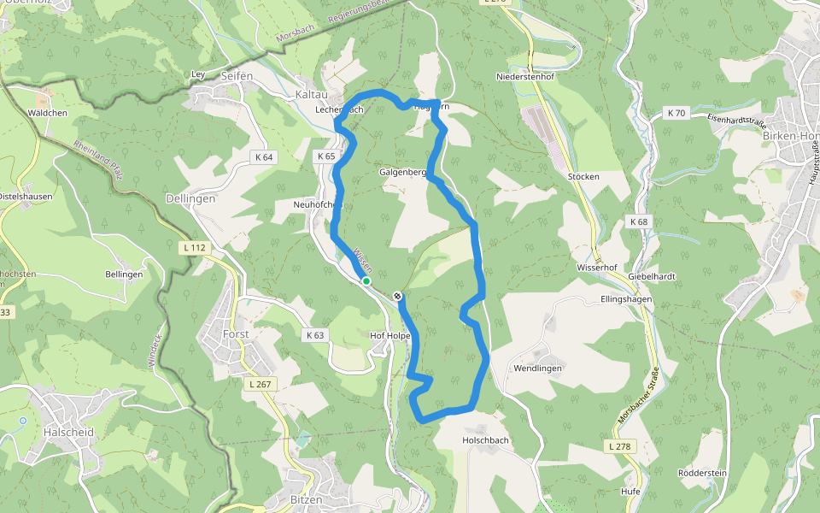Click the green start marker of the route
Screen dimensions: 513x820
pyautogui.click(x=366, y=280)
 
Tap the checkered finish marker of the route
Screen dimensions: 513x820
pyautogui.click(x=397, y=296)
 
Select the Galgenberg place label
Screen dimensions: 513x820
pyautogui.click(x=402, y=172)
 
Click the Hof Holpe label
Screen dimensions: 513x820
pyautogui.click(x=390, y=336)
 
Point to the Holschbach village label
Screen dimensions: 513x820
pyautogui.click(x=485, y=440)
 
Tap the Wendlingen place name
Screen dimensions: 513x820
pyautogui.click(x=537, y=368)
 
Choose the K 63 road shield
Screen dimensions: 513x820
pyautogui.click(x=316, y=335)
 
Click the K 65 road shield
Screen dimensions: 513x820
pyautogui.click(x=325, y=156)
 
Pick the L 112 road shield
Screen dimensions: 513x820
pyautogui.click(x=196, y=248)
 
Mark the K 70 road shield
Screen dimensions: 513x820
pyautogui.click(x=676, y=113)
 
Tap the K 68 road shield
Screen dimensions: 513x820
pyautogui.click(x=639, y=222)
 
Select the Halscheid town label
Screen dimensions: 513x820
pyautogui.click(x=68, y=433)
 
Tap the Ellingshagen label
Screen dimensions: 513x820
pyautogui.click(x=626, y=299)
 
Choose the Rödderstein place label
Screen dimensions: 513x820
pyautogui.click(x=701, y=474)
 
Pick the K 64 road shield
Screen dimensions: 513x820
pyautogui.click(x=263, y=157)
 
